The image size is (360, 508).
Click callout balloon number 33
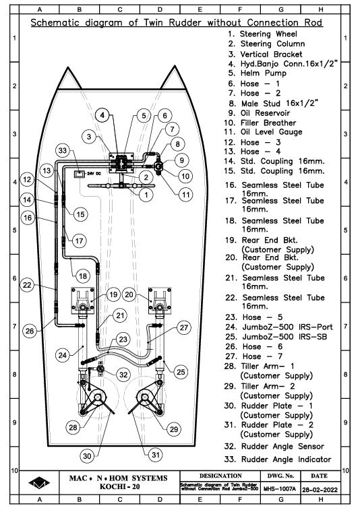tap(63, 150)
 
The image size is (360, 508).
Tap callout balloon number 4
tap(102, 115)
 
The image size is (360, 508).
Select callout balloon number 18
tap(83, 276)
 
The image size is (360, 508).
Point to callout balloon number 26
tap(30, 331)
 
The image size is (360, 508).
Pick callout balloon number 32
tap(123, 375)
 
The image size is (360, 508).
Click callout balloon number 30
tap(87, 456)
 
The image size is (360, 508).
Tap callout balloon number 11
tap(185, 195)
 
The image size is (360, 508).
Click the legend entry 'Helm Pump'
tap(257, 73)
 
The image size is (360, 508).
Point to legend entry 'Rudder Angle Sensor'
tap(274, 447)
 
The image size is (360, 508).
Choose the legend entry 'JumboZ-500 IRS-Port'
tap(279, 327)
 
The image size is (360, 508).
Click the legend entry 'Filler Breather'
tap(260, 123)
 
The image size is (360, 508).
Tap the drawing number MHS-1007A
tap(280, 488)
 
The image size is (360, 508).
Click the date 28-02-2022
tap(320, 490)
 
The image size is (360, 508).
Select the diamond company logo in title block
tap(39, 482)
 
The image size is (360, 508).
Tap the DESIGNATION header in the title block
tap(220, 476)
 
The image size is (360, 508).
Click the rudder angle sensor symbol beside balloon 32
tap(100, 369)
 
